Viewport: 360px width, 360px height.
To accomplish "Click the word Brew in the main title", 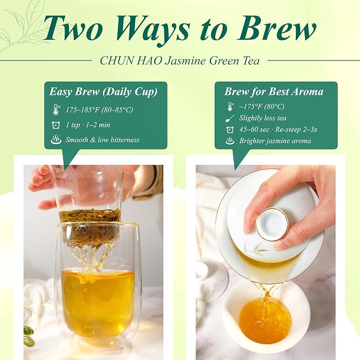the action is click(276, 29).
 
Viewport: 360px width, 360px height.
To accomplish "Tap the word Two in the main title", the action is click(73, 29).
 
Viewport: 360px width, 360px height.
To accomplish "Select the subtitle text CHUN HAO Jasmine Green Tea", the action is click(180, 61).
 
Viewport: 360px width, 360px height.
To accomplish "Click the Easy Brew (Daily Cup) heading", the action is click(103, 92).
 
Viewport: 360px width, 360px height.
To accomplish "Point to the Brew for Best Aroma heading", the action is click(274, 91).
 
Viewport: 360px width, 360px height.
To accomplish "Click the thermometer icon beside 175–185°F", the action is click(56, 110).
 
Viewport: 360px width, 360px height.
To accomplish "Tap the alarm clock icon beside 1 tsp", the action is click(56, 125).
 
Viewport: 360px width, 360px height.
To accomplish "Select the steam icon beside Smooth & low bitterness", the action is click(56, 139).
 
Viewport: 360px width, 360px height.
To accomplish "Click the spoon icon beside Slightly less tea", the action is click(230, 118).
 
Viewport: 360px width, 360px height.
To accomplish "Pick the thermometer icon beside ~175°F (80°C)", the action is click(230, 107).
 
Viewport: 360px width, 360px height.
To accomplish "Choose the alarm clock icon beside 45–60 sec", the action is click(230, 130).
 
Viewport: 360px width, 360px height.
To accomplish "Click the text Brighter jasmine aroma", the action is click(275, 141).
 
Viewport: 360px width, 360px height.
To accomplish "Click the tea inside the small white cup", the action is click(265, 321).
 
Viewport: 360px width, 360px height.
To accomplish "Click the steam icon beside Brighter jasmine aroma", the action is click(230, 141).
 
